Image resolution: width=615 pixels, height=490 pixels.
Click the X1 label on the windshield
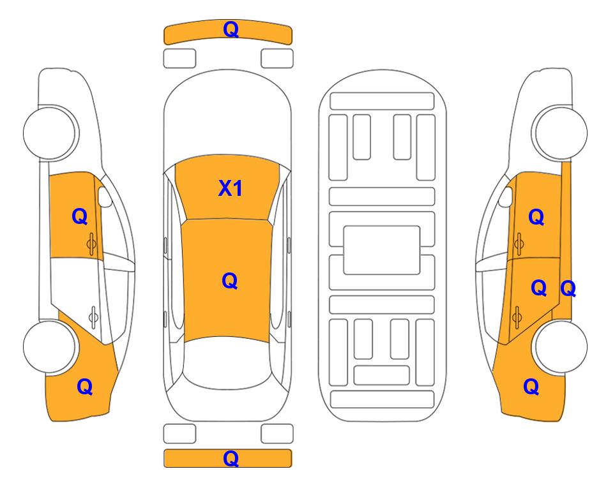[x=231, y=188]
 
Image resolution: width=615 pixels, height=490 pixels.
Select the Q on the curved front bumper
[x=231, y=29]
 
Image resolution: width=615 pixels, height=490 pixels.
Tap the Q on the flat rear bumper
[x=231, y=458]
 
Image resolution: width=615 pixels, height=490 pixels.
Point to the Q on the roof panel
[x=230, y=281]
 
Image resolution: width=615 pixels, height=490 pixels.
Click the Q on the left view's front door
[x=80, y=216]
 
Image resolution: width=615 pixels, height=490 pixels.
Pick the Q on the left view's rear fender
[x=85, y=387]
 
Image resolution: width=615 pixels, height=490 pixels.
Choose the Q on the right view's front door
[x=536, y=217]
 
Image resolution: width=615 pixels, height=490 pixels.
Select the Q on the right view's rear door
[x=538, y=288]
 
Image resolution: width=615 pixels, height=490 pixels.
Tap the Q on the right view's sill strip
[x=568, y=289]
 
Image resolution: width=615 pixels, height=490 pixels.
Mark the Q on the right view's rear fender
[x=531, y=387]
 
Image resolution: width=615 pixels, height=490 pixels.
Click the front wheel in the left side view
[x=50, y=133]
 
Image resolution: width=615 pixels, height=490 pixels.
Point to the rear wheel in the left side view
[x=49, y=346]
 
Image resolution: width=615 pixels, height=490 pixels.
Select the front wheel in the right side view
[x=561, y=133]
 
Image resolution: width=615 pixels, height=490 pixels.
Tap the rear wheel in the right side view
[x=561, y=346]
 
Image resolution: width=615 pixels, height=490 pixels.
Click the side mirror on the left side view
[x=105, y=197]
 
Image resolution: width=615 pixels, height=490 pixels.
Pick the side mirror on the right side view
[x=506, y=197]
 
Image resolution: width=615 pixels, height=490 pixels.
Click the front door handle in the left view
[x=91, y=244]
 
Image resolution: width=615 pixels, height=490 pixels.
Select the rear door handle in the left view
[x=93, y=316]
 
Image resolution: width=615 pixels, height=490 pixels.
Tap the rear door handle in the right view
[x=517, y=316]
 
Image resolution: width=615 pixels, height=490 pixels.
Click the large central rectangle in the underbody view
[x=382, y=250]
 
